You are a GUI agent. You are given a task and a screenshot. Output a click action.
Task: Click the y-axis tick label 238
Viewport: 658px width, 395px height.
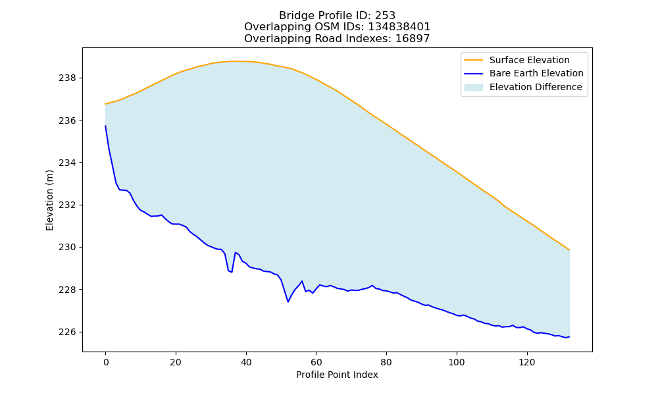pyautogui.click(x=67, y=78)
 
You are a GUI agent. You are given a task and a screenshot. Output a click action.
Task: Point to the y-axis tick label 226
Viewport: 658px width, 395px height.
pyautogui.click(x=67, y=332)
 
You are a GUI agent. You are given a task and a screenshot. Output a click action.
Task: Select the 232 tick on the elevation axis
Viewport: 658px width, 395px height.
pyautogui.click(x=67, y=205)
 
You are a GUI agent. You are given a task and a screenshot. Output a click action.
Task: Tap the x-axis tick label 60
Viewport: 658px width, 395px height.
pyautogui.click(x=316, y=362)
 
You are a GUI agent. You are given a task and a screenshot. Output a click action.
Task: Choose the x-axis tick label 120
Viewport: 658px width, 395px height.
pyautogui.click(x=526, y=362)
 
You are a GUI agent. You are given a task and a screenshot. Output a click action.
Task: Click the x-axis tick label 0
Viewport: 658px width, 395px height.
pyautogui.click(x=105, y=362)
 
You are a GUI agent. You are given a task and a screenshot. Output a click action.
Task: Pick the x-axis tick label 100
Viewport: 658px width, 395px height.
pyautogui.click(x=457, y=362)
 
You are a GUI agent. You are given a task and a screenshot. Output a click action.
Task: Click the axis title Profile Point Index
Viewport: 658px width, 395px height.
pyautogui.click(x=337, y=375)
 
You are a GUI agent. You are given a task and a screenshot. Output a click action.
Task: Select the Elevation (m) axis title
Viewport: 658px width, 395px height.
pyautogui.click(x=49, y=200)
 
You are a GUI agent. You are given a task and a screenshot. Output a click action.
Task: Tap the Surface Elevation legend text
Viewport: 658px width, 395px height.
pyautogui.click(x=530, y=60)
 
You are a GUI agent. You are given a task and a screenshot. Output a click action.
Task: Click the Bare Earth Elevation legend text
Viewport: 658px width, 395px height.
pyautogui.click(x=536, y=74)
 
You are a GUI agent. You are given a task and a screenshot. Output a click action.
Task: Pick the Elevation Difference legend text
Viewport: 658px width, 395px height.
pyautogui.click(x=536, y=87)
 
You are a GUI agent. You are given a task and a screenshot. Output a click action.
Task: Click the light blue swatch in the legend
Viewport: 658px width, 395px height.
pyautogui.click(x=473, y=88)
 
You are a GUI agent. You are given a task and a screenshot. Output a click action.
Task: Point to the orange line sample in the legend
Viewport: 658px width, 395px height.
pyautogui.click(x=473, y=60)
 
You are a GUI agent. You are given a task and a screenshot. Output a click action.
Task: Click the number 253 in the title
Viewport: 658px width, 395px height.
pyautogui.click(x=385, y=16)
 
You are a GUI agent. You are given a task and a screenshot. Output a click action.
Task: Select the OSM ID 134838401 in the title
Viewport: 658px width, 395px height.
pyautogui.click(x=399, y=27)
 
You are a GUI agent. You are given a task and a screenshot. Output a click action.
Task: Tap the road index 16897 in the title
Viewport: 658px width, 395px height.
pyautogui.click(x=413, y=39)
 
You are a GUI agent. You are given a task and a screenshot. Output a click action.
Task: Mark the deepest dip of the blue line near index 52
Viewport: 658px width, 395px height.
pyautogui.click(x=288, y=302)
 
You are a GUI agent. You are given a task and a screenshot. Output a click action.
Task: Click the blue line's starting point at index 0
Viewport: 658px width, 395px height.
pyautogui.click(x=105, y=126)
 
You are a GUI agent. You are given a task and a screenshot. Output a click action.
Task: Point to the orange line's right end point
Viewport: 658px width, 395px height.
pyautogui.click(x=569, y=250)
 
